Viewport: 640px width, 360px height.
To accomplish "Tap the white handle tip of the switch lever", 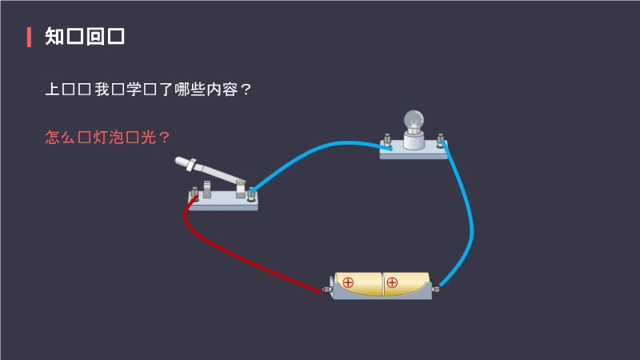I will [182, 161].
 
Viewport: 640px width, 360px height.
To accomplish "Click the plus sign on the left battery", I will [348, 282].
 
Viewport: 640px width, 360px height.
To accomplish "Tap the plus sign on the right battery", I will [392, 282].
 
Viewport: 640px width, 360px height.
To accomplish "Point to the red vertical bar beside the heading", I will [29, 37].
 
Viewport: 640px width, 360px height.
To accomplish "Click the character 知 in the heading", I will [54, 37].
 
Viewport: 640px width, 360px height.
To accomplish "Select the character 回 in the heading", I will [95, 37].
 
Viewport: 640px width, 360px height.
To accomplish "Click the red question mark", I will [165, 137].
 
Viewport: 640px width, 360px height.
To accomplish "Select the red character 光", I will [149, 137].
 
